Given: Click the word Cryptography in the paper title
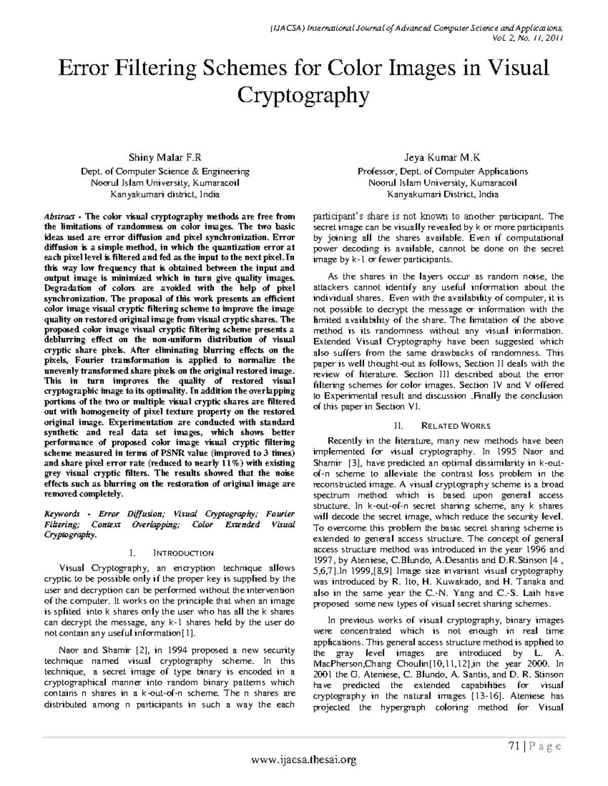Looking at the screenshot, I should pos(303,95).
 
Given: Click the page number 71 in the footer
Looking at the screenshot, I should pos(514,746).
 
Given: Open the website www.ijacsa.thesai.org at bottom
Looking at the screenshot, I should pos(303,759).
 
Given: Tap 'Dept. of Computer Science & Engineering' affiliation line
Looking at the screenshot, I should pos(165,172).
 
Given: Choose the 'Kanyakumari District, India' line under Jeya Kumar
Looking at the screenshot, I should pos(442,194).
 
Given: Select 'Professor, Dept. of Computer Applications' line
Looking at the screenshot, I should pos(442,172).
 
